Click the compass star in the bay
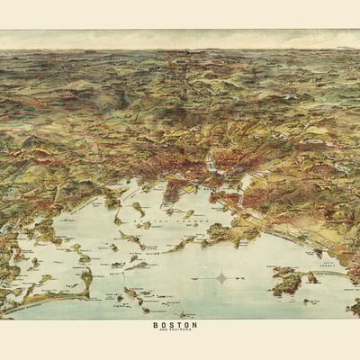click(x=221, y=278)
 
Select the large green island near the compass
click(x=287, y=282)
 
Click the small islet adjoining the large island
click(x=311, y=277)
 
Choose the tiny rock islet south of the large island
click(x=290, y=299)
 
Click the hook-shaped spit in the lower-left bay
click(x=87, y=284)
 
